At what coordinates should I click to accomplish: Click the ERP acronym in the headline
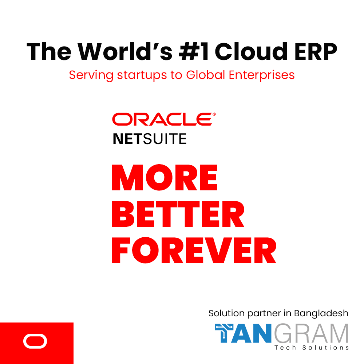[x=315, y=52]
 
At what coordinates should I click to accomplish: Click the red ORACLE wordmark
[x=161, y=119]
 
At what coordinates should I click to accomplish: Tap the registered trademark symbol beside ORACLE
[x=214, y=114]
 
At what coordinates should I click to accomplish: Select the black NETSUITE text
[x=150, y=139]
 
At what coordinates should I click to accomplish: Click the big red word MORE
[x=165, y=178]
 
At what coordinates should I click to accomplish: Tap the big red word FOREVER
[x=194, y=251]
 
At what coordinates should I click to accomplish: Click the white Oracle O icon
[x=35, y=341]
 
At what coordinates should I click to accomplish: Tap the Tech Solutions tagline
[x=312, y=348]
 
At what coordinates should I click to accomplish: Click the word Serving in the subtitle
[x=88, y=75]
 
